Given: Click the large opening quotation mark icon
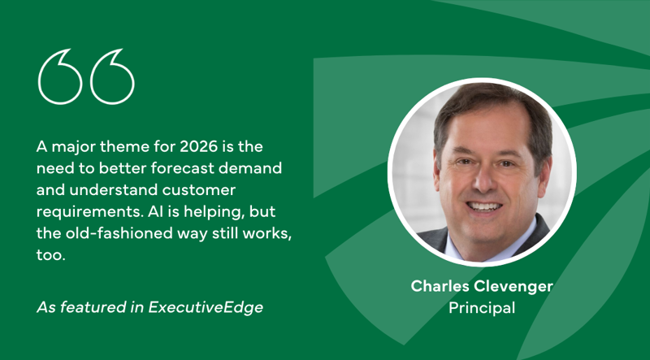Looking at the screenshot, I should pyautogui.click(x=85, y=76).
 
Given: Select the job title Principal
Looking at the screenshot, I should pyautogui.click(x=481, y=308).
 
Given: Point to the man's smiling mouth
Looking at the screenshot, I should pyautogui.click(x=485, y=206).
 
